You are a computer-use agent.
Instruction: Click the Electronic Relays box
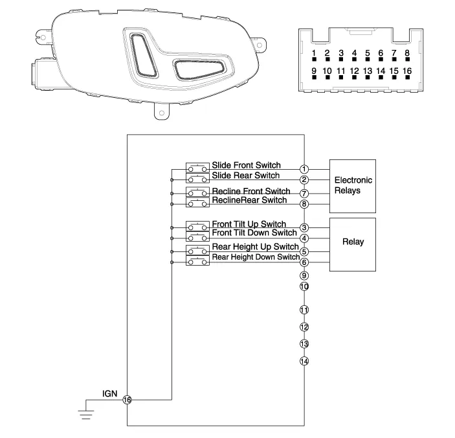coord(353,185)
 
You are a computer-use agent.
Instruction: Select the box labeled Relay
coord(353,244)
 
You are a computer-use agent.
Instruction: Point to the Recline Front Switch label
coord(251,191)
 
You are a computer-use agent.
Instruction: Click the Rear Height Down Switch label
coord(256,257)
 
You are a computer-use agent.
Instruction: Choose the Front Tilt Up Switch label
coord(249,224)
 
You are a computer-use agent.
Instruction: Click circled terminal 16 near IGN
coord(127,400)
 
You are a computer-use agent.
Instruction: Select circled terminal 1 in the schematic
coord(304,169)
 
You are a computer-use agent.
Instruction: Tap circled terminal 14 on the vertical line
coord(304,361)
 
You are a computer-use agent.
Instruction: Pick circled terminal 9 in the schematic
coord(304,275)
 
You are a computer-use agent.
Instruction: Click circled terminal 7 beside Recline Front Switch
coord(304,193)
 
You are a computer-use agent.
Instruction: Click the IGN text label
coord(108,393)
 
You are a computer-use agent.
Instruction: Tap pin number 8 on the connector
coord(407,53)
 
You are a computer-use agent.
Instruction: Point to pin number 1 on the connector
coord(314,53)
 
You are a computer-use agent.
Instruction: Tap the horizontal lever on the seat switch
coord(198,68)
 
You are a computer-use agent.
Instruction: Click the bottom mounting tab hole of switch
coord(158,113)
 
